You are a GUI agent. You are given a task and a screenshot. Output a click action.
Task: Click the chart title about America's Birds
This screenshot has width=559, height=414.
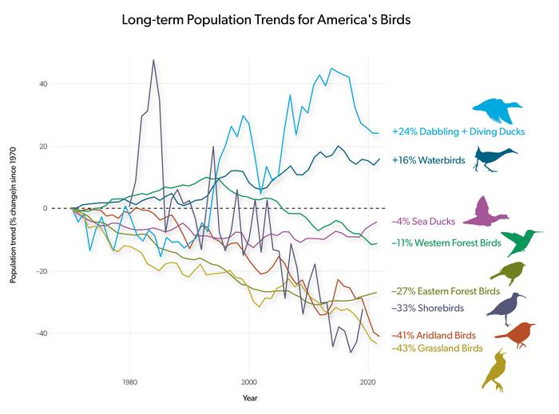(x=265, y=19)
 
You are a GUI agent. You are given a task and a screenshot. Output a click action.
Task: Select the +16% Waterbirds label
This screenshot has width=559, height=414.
(x=428, y=160)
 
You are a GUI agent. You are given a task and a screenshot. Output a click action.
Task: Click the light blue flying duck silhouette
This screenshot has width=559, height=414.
(x=497, y=108)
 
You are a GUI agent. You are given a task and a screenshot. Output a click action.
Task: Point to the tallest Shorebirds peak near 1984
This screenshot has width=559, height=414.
(x=153, y=60)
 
